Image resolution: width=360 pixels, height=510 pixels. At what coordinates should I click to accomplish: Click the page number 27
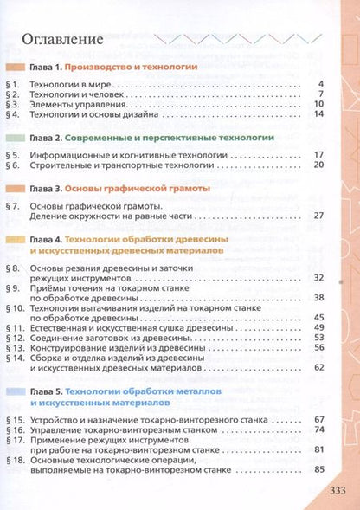[318, 215]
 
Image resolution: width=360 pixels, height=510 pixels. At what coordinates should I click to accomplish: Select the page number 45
[318, 316]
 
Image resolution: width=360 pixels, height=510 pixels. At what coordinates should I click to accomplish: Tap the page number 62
[318, 367]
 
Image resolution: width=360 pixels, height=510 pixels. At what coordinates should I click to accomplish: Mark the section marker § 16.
[13, 429]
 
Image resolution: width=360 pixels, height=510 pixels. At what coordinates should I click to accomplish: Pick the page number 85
[318, 469]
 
